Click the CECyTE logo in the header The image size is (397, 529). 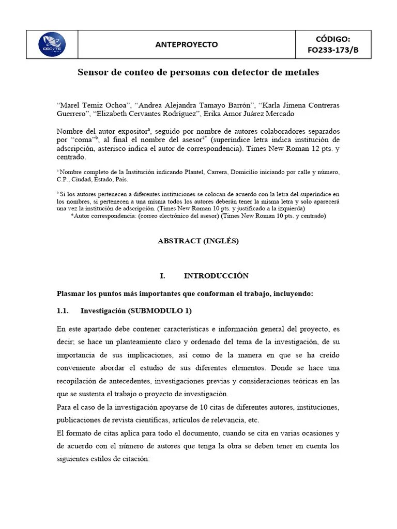coord(52,44)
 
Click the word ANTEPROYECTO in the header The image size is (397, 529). coord(187,44)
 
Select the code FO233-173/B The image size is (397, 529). coord(333,50)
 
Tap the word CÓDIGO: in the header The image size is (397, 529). coord(333,39)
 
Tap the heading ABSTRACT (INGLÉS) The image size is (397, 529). coord(198,241)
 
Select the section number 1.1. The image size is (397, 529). coord(63,311)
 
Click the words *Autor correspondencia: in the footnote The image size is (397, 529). coord(105,216)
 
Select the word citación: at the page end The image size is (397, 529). coord(132,458)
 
